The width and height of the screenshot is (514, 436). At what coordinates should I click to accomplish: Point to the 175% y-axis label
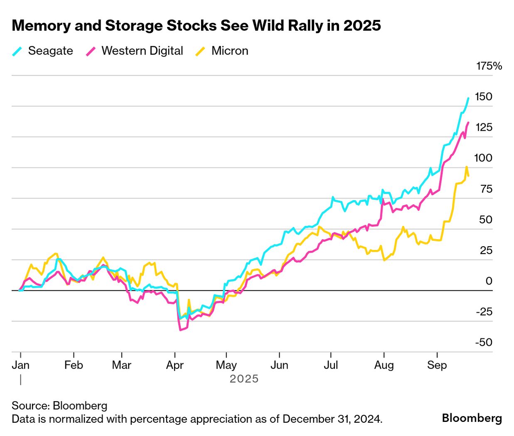point(489,66)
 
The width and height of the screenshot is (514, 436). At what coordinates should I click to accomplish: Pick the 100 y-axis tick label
point(483,158)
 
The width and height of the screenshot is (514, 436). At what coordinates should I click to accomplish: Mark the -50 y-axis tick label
point(484,343)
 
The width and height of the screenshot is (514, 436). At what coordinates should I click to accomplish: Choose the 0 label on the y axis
point(489,281)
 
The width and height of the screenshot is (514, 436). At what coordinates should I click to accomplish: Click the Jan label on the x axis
point(20,365)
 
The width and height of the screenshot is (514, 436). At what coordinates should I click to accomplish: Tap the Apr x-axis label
point(175,365)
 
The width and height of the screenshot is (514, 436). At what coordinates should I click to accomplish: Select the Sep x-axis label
point(437,365)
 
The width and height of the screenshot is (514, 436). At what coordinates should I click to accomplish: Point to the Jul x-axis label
point(331,365)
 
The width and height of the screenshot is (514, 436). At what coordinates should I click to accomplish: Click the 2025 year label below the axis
point(244,379)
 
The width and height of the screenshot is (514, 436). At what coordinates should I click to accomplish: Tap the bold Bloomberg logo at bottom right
point(472,418)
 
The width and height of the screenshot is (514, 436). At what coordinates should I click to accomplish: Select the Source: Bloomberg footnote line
point(59,406)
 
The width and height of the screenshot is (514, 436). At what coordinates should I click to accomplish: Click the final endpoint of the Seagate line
point(468,98)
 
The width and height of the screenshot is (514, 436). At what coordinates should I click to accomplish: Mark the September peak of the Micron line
point(467,167)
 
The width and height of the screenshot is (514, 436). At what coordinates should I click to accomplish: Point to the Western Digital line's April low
point(180,330)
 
